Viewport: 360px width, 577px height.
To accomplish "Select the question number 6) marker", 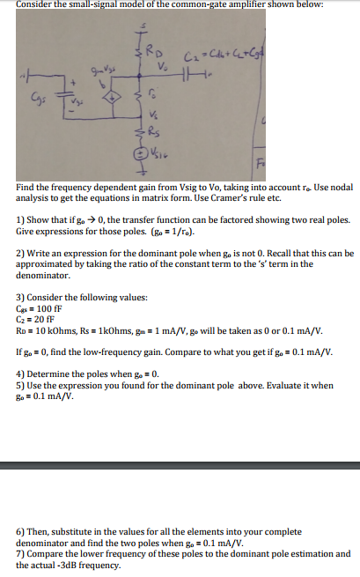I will tap(20, 533).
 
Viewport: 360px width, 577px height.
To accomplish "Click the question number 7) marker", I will tap(20, 554).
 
